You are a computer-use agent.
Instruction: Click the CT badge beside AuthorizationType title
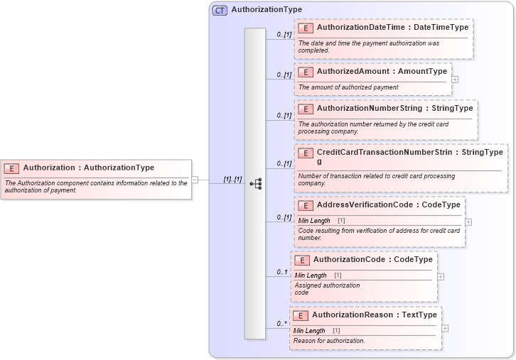click(220, 10)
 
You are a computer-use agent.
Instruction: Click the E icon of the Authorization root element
click(11, 168)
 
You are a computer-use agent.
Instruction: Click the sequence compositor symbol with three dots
click(255, 183)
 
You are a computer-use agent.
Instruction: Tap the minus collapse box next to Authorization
click(195, 180)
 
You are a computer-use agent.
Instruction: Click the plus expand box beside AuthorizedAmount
click(455, 79)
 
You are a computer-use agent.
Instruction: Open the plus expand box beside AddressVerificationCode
click(468, 222)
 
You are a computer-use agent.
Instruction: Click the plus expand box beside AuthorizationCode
click(441, 276)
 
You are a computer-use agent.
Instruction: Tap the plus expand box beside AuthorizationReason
click(445, 328)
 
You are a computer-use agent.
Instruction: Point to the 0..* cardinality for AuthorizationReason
click(282, 324)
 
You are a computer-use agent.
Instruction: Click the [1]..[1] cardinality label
click(232, 180)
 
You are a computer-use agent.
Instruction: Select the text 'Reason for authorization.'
click(329, 341)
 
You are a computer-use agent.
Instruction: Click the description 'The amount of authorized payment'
click(348, 87)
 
